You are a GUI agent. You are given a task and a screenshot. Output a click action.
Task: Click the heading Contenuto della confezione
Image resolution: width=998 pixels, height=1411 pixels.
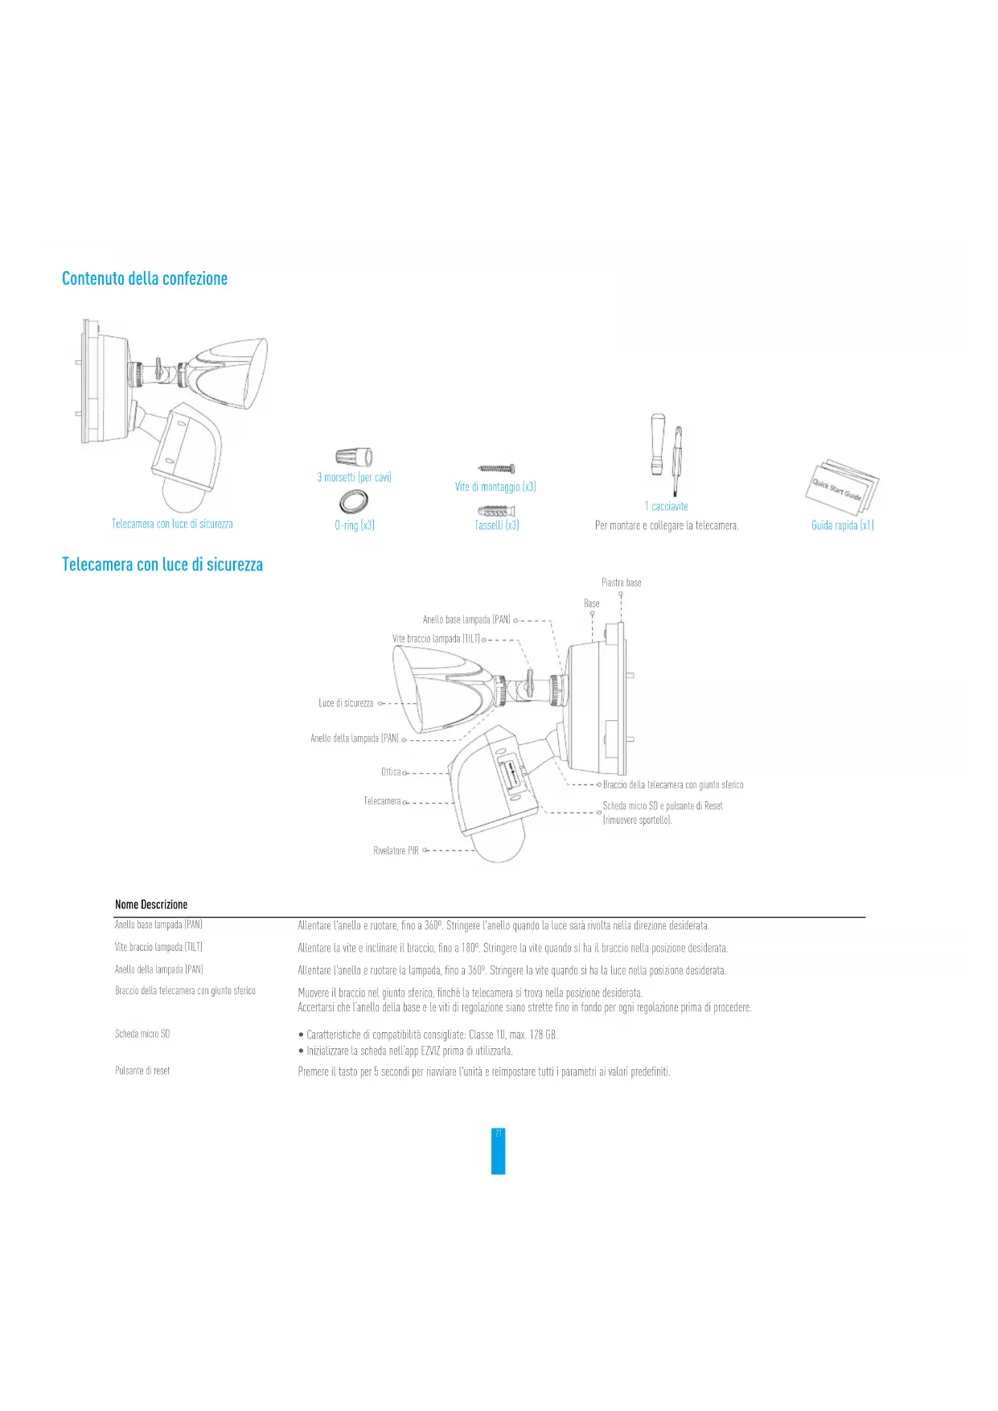click(x=145, y=278)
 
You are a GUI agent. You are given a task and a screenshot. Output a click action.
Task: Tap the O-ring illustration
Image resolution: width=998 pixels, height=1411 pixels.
click(x=353, y=501)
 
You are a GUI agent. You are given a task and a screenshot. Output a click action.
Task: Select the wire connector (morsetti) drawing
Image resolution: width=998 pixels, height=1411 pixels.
click(x=354, y=458)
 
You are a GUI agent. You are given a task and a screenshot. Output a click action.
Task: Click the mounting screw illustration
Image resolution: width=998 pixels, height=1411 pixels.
click(x=496, y=468)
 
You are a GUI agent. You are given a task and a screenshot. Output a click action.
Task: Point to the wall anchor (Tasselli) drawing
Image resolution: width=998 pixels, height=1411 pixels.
click(x=496, y=511)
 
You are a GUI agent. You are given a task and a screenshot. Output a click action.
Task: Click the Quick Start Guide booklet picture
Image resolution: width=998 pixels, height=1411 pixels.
click(x=842, y=485)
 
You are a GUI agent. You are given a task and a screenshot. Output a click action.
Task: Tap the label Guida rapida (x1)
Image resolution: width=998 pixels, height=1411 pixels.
click(x=842, y=525)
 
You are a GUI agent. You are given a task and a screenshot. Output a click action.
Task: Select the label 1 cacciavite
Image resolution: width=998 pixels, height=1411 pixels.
click(x=666, y=506)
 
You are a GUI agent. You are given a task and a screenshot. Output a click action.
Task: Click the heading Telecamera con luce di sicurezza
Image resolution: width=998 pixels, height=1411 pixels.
click(x=162, y=565)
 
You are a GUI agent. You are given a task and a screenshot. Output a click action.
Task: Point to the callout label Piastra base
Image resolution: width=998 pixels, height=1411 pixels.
click(x=621, y=582)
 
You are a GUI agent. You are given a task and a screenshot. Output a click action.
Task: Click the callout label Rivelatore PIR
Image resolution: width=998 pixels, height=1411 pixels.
click(x=396, y=850)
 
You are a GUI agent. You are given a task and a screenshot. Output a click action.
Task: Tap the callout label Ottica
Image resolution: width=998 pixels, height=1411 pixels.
click(x=391, y=772)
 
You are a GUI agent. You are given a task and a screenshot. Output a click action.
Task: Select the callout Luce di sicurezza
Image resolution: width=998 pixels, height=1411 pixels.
click(x=346, y=703)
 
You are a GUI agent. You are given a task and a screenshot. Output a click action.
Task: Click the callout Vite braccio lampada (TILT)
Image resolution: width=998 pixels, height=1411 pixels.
click(x=436, y=639)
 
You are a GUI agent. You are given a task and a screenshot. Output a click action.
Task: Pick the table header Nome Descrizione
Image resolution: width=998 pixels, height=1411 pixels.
click(x=151, y=904)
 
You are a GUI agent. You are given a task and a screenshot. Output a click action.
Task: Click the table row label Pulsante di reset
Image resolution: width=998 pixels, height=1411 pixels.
click(x=142, y=1071)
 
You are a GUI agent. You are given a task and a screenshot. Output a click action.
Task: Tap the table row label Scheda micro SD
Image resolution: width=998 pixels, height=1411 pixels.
click(x=142, y=1034)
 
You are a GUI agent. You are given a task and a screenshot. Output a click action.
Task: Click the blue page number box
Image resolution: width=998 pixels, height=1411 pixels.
click(x=498, y=1151)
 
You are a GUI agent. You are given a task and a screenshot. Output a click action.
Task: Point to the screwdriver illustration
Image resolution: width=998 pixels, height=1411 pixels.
click(x=667, y=455)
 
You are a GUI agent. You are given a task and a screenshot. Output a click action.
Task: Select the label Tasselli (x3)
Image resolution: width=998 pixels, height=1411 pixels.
click(x=496, y=525)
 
